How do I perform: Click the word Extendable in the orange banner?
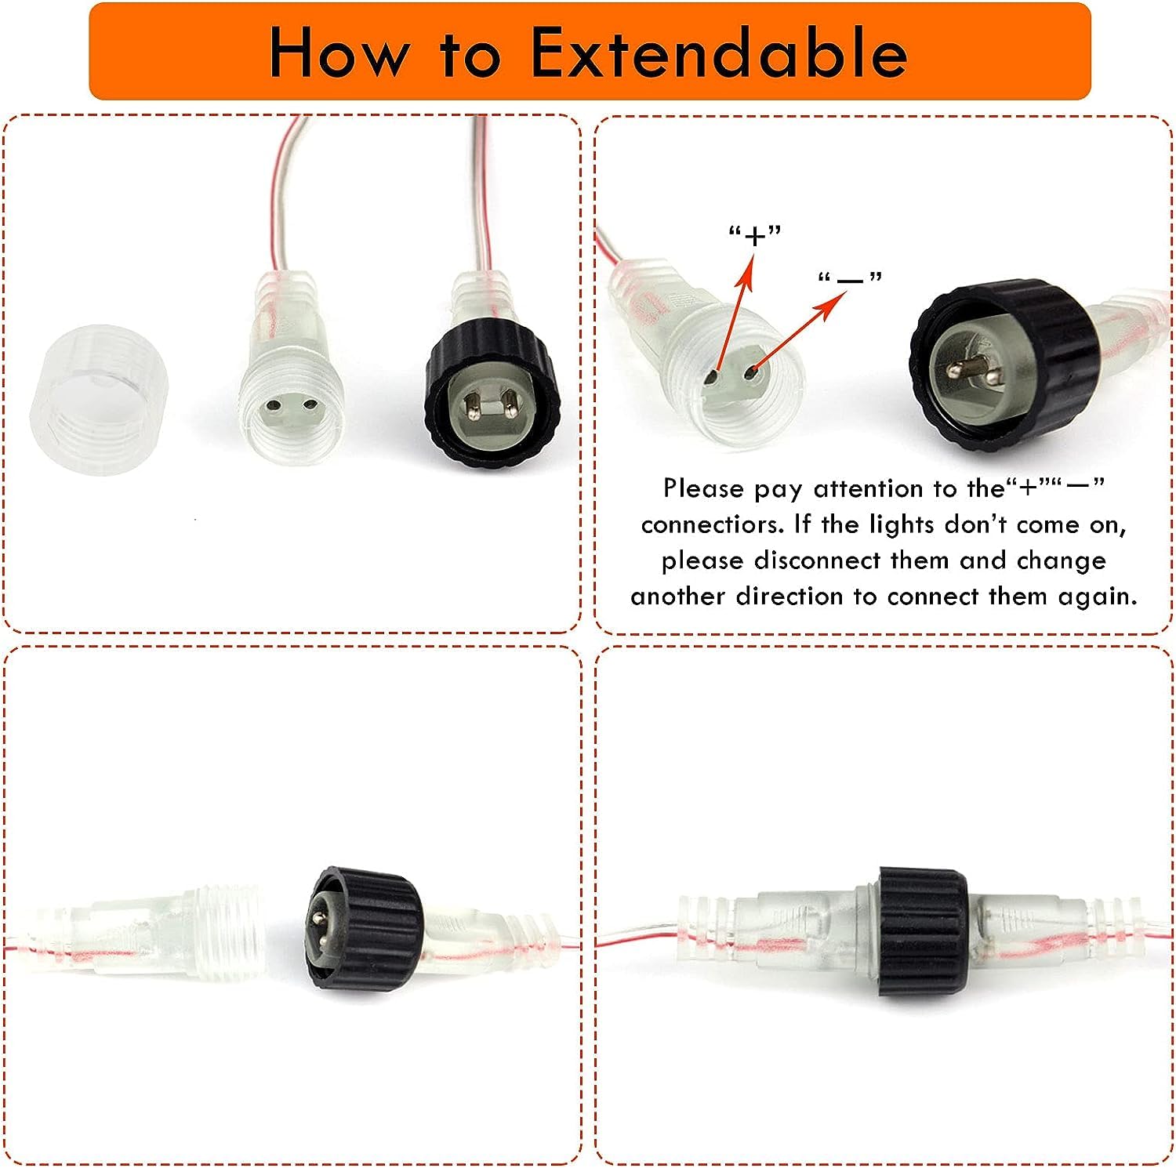pos(720,53)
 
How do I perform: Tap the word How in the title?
pos(339,53)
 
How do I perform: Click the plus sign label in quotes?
pos(755,234)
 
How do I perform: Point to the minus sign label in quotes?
pos(850,279)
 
